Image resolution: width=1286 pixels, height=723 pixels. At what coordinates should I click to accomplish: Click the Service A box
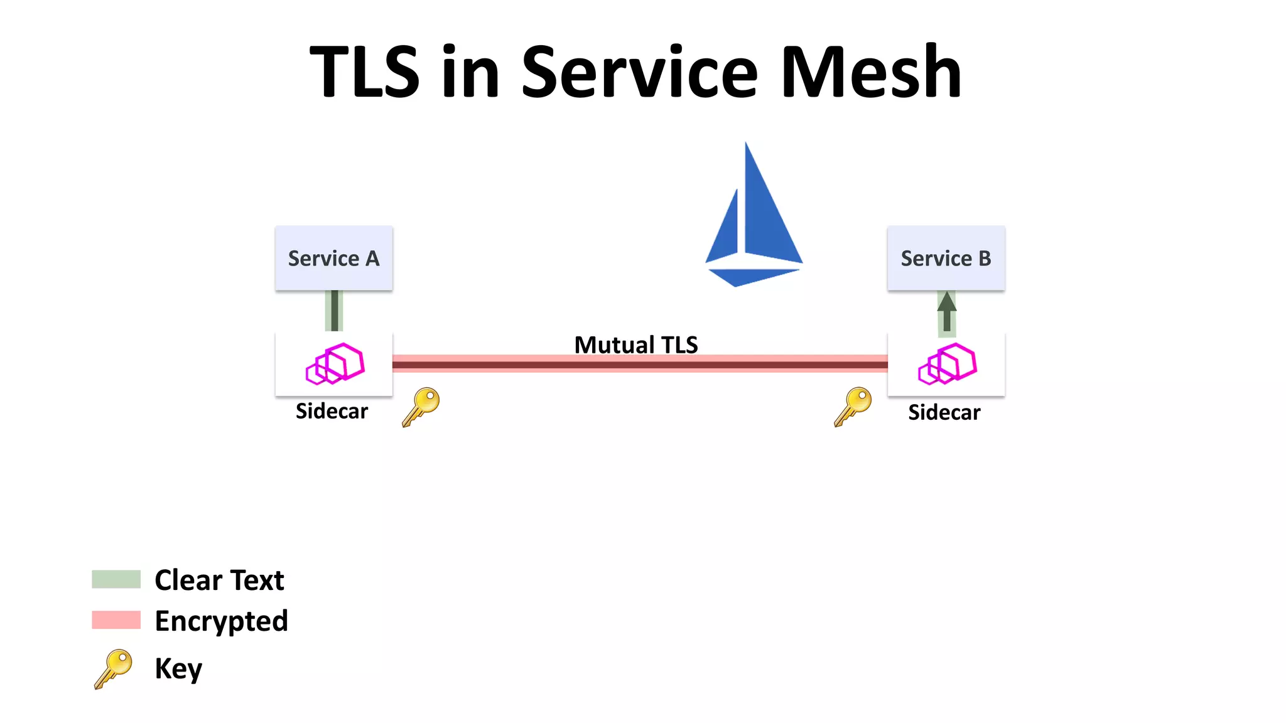[333, 258]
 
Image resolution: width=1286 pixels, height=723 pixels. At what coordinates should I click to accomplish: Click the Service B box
[946, 258]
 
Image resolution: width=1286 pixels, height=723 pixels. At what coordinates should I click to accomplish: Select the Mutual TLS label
[635, 345]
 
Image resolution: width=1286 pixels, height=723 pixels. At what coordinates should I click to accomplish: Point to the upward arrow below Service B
[946, 311]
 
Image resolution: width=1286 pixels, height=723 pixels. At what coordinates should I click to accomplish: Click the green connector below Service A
[334, 311]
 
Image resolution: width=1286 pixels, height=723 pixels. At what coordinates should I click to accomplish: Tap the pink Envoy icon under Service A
[335, 363]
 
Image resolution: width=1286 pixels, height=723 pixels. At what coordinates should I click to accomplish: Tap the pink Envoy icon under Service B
[947, 363]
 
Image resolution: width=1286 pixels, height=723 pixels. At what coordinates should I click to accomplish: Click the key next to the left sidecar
[421, 407]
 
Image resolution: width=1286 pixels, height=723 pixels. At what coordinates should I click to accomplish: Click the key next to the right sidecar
[853, 407]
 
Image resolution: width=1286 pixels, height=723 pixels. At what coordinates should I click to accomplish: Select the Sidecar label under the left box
[332, 411]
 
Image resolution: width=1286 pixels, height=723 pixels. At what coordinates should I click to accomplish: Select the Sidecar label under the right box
[944, 412]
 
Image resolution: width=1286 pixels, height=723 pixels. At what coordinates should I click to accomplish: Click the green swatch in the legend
[116, 579]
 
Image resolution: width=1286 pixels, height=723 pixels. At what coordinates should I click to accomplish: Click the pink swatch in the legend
[116, 619]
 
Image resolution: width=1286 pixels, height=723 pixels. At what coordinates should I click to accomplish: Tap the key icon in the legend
[114, 668]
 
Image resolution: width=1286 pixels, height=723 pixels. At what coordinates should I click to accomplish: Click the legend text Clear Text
[219, 580]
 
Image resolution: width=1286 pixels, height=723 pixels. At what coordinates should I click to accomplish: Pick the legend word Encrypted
[221, 621]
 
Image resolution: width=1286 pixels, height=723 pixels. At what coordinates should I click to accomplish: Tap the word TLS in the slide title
[364, 72]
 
